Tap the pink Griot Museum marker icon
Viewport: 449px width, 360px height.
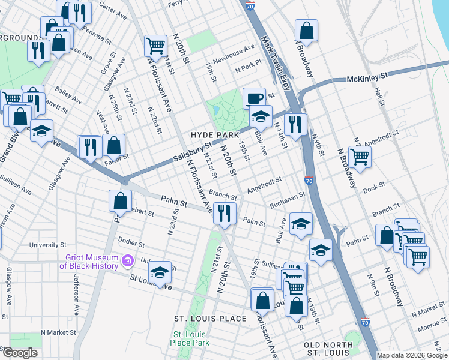[127, 260]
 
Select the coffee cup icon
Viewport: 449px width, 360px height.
[254, 98]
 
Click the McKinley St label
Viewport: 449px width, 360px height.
[368, 77]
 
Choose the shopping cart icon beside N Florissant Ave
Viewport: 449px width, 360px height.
[155, 44]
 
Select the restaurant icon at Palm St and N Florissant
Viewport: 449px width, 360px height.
[224, 212]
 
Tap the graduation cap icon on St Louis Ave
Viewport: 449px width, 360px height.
[159, 273]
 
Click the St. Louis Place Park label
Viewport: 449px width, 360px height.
[190, 338]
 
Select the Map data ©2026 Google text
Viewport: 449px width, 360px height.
[411, 355]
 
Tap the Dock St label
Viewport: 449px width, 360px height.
[373, 188]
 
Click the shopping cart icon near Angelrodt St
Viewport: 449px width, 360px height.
[360, 156]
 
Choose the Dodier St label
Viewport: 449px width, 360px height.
[131, 244]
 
